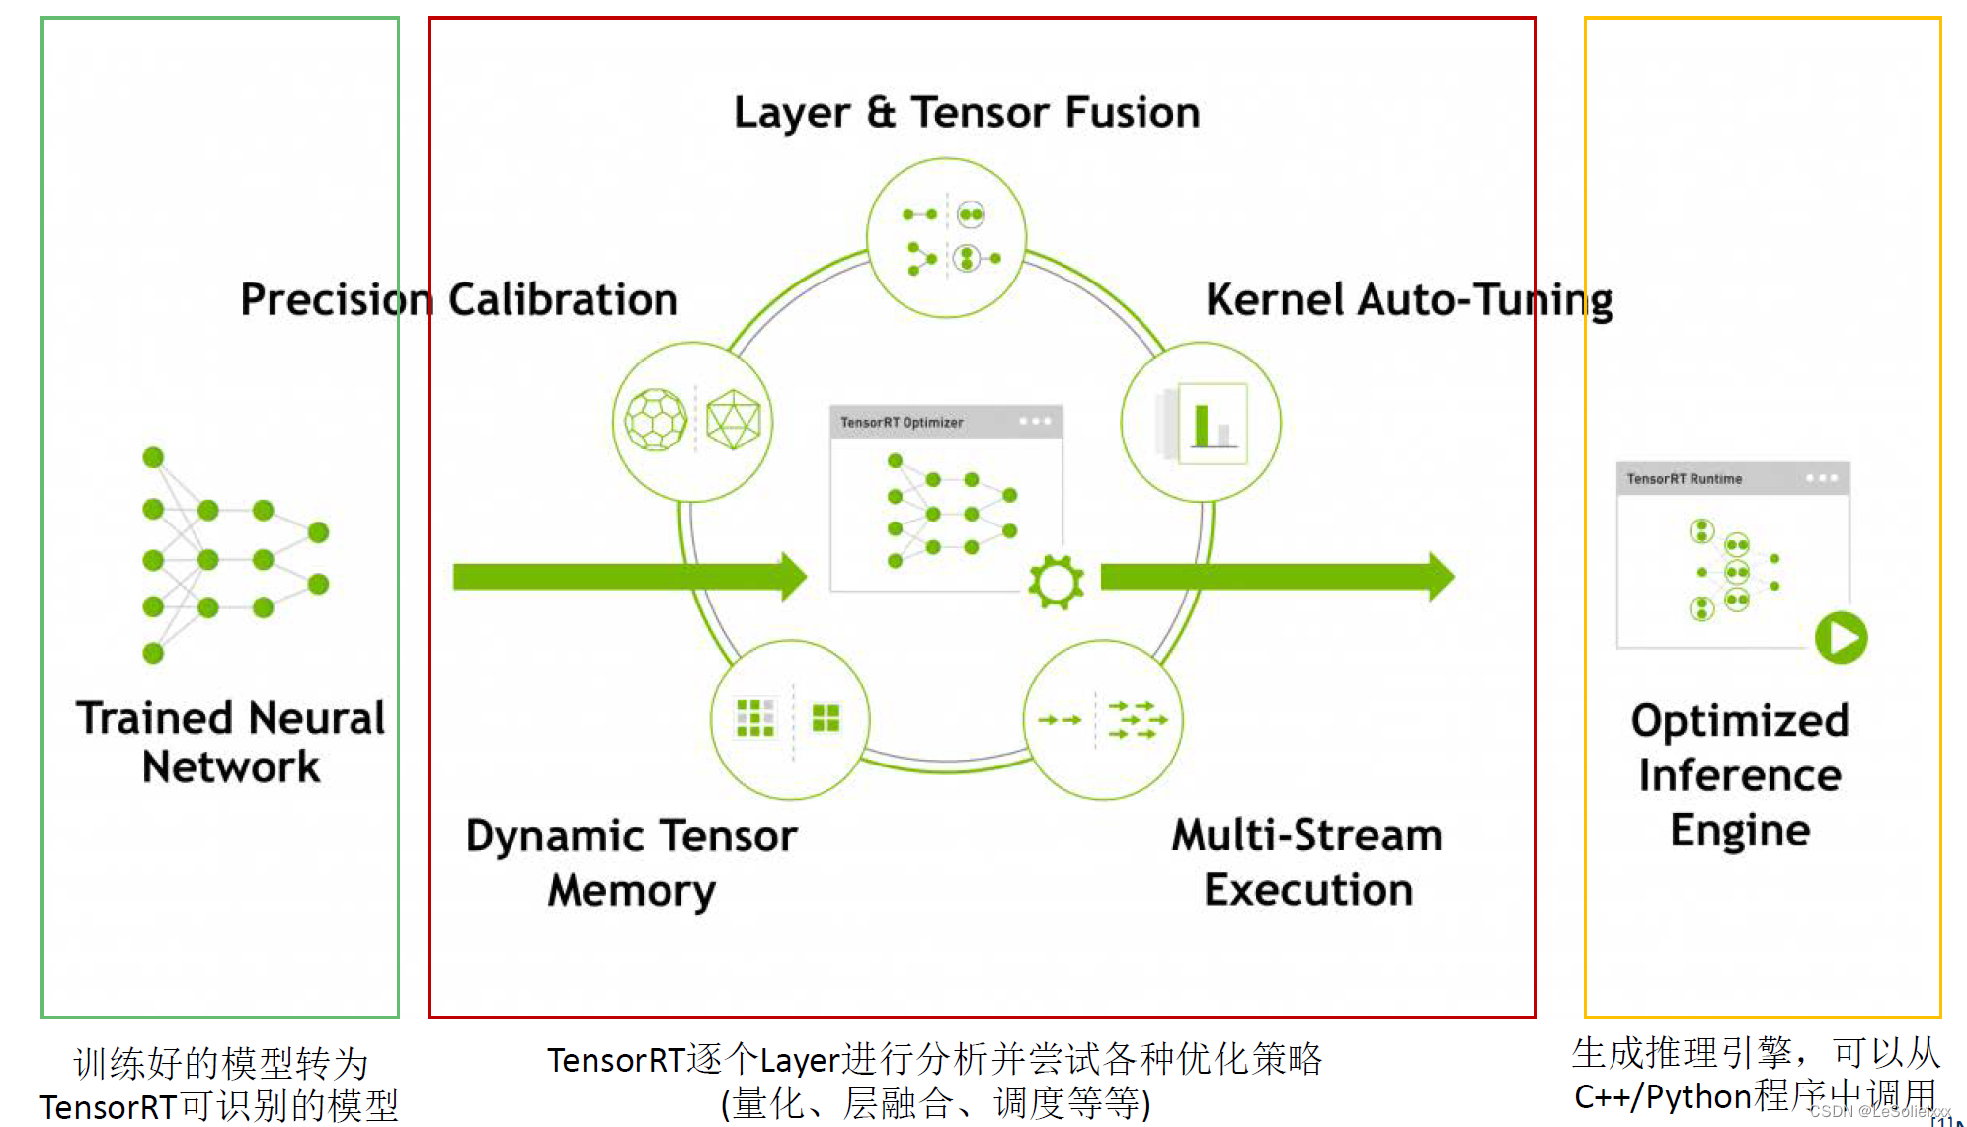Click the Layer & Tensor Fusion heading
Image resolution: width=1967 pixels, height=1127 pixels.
[966, 113]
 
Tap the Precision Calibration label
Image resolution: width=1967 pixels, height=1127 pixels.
[459, 299]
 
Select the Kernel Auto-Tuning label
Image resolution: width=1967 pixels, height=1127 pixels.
[1408, 299]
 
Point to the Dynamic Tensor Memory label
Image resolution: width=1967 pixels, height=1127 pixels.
[631, 862]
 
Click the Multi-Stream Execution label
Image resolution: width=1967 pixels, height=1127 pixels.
[1307, 862]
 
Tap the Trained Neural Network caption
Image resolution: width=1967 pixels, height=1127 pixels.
[230, 742]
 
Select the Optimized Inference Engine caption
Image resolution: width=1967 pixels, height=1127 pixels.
[1739, 775]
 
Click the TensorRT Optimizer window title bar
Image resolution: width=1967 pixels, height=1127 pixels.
[945, 422]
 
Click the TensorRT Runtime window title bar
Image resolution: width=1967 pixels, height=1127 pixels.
[1732, 479]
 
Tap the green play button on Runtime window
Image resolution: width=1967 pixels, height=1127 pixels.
[1841, 637]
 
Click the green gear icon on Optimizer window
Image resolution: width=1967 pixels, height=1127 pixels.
[1056, 582]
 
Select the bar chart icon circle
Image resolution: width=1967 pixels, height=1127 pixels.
[1201, 423]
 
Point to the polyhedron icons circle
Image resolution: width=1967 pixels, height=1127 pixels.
[693, 422]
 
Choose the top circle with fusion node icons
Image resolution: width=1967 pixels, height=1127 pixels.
[946, 238]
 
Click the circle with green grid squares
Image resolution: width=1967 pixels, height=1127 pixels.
[790, 719]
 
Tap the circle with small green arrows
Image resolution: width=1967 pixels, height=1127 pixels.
[1103, 719]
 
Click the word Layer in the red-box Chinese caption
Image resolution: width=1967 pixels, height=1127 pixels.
[800, 1060]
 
